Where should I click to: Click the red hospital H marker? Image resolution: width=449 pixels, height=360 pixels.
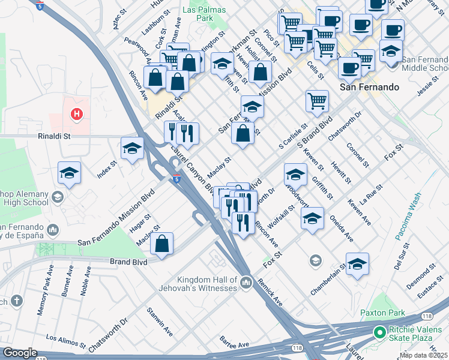(x=76, y=113)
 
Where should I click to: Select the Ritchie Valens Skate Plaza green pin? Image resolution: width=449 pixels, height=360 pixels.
(x=379, y=332)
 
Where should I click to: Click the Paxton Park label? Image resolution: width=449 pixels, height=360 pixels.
(x=382, y=313)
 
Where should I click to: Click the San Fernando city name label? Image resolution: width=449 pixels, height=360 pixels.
(x=369, y=87)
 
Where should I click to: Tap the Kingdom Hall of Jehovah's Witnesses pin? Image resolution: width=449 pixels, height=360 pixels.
(x=246, y=282)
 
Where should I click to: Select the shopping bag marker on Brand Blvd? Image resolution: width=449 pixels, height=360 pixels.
(x=162, y=245)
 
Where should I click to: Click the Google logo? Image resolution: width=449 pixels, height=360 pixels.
(x=20, y=353)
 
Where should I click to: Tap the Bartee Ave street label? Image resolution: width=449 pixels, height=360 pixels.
(x=234, y=344)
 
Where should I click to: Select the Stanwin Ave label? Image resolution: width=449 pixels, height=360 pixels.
(x=160, y=323)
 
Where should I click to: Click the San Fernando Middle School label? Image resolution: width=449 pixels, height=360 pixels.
(x=424, y=64)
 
